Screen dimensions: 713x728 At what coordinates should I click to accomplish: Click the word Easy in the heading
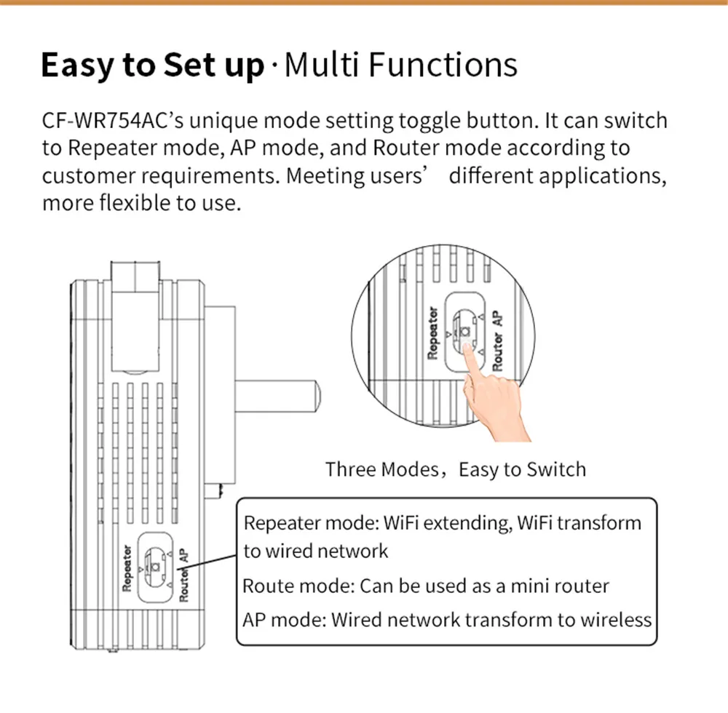coord(77,65)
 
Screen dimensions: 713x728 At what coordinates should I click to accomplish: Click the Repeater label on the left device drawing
coord(127,567)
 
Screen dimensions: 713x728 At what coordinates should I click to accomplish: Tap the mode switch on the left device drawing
coord(154,567)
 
